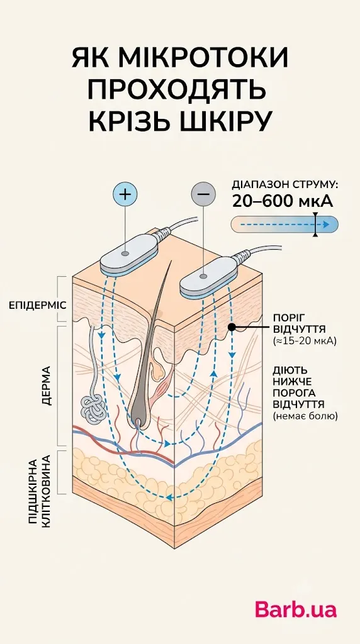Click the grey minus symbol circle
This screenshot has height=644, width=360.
203,192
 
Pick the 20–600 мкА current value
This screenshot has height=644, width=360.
283,201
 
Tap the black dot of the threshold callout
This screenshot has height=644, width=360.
232,327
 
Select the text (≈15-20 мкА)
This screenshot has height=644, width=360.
305,340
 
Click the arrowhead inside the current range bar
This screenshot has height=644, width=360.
326,225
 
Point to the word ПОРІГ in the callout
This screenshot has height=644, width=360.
287,319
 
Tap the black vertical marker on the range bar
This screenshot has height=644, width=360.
315,225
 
